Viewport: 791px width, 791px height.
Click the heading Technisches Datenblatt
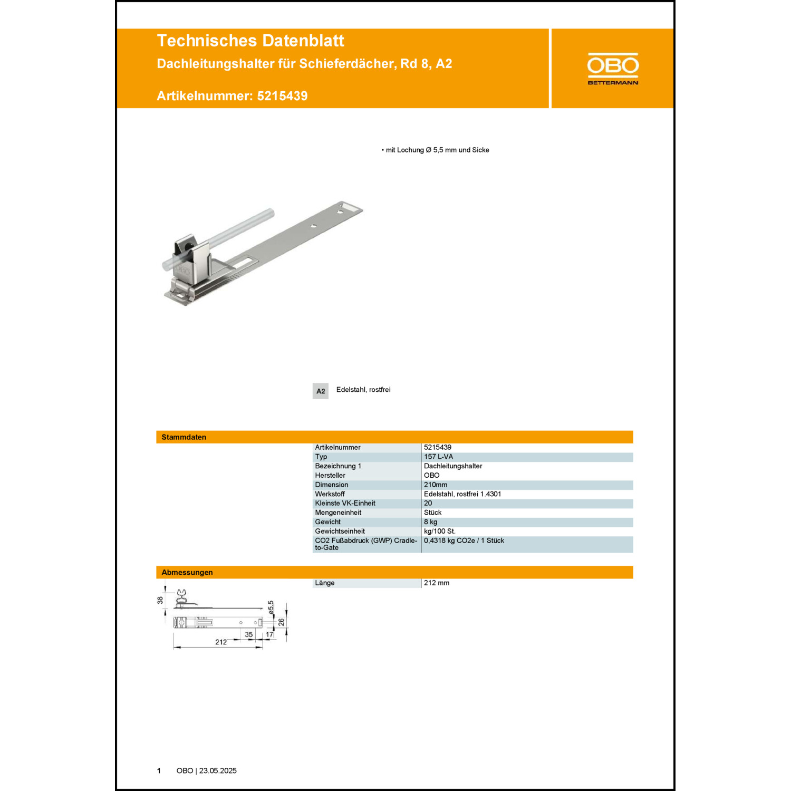tap(250, 41)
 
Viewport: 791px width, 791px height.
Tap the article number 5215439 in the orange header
tap(282, 96)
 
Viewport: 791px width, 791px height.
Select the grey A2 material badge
tap(320, 391)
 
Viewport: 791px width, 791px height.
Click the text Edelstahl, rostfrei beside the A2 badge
tap(363, 390)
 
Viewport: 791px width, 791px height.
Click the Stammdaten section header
tap(184, 437)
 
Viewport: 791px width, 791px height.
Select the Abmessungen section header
tap(187, 572)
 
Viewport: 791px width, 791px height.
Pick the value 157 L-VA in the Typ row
tap(438, 457)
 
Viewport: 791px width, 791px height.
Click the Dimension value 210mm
tap(436, 485)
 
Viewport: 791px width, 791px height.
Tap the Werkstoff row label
tap(330, 494)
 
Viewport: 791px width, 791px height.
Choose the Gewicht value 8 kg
tap(430, 522)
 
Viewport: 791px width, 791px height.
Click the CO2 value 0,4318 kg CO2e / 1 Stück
tap(464, 541)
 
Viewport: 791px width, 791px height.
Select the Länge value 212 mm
tap(437, 583)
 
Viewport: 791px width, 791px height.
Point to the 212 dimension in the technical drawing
tap(221, 642)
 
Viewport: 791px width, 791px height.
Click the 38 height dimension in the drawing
tap(160, 600)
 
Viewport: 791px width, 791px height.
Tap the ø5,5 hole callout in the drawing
tap(271, 607)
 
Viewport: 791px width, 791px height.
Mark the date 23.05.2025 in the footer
tap(218, 770)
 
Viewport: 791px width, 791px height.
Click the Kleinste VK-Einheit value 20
tap(428, 503)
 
